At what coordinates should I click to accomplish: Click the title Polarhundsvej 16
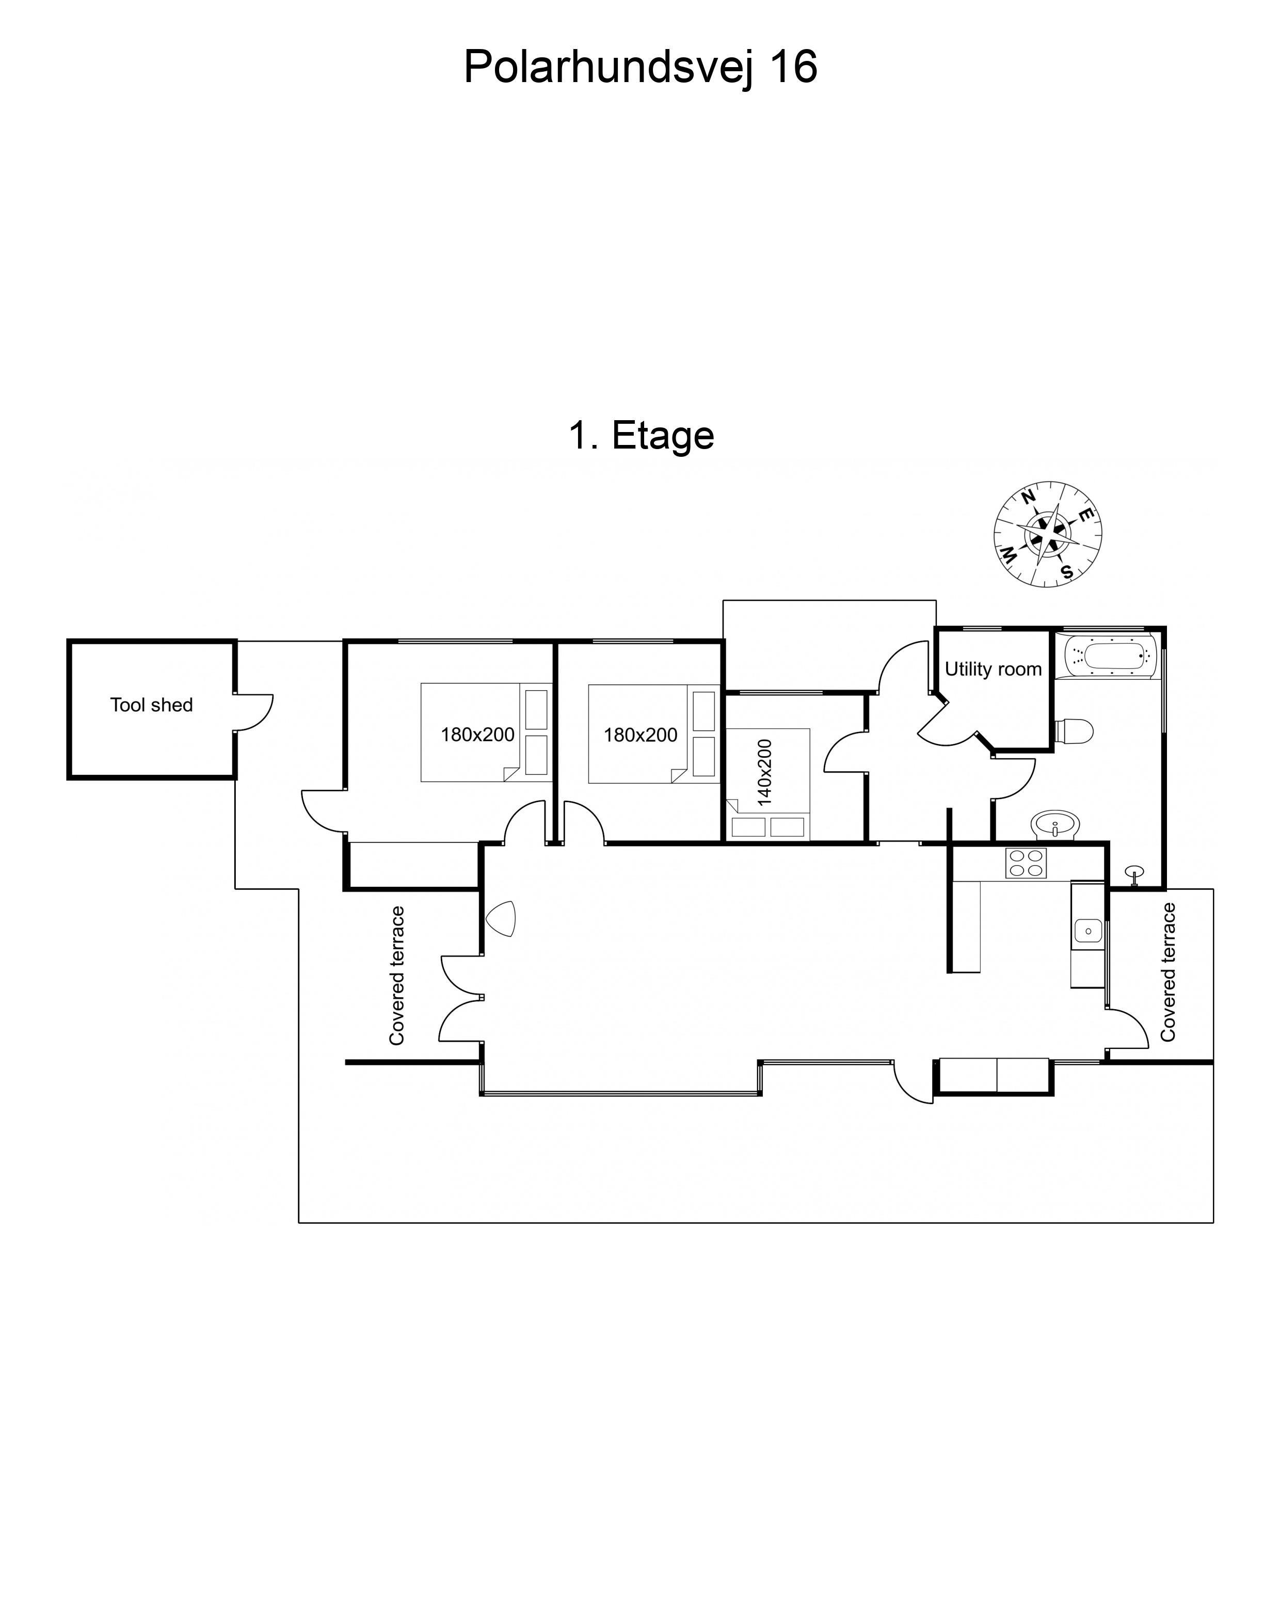pyautogui.click(x=641, y=67)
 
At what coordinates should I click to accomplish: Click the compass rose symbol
pyautogui.click(x=1048, y=534)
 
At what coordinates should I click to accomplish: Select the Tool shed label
pyautogui.click(x=152, y=705)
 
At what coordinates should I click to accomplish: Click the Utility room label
pyautogui.click(x=993, y=669)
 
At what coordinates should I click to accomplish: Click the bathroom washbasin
pyautogui.click(x=1055, y=825)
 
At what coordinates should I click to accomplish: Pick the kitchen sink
pyautogui.click(x=1087, y=931)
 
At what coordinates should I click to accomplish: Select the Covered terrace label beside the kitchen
pyautogui.click(x=1167, y=972)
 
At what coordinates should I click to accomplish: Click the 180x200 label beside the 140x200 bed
pyautogui.click(x=641, y=735)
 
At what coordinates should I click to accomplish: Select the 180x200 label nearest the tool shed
pyautogui.click(x=477, y=735)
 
